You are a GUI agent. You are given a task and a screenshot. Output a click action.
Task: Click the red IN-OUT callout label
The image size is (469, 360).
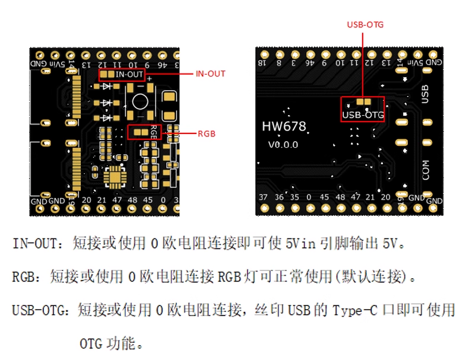[211, 74]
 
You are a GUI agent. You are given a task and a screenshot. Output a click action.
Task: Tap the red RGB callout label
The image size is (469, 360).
[207, 134]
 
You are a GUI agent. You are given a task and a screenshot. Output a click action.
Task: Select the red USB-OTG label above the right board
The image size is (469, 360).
[365, 25]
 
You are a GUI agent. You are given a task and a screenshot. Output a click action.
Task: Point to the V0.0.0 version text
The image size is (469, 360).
[283, 144]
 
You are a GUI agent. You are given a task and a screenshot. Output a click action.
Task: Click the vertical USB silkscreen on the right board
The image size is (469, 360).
[424, 94]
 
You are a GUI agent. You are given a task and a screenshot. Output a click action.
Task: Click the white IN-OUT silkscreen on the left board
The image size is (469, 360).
[129, 75]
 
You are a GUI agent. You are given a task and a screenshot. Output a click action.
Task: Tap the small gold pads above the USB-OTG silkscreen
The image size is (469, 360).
[363, 102]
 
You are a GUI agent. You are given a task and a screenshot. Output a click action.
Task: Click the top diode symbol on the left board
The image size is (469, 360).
[107, 87]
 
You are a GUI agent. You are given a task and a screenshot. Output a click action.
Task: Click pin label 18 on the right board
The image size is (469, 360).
[262, 62]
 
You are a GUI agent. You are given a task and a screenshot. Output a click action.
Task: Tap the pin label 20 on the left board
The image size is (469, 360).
[87, 200]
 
